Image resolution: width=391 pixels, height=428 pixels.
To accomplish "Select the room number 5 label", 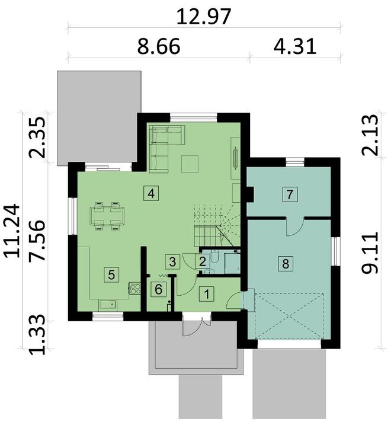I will click(x=110, y=274).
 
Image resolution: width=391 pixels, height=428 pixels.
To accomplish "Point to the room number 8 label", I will click(x=286, y=264).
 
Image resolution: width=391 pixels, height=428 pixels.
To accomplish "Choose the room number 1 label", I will click(x=207, y=292).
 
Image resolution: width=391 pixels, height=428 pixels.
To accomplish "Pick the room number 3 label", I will click(x=172, y=260).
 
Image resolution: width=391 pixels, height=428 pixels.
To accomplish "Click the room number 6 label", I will click(x=158, y=290).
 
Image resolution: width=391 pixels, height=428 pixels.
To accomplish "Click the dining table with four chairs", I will click(x=107, y=215).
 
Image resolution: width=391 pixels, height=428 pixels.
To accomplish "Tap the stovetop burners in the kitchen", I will click(x=134, y=289).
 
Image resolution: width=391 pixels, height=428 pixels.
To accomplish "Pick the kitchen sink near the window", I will click(x=108, y=305).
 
